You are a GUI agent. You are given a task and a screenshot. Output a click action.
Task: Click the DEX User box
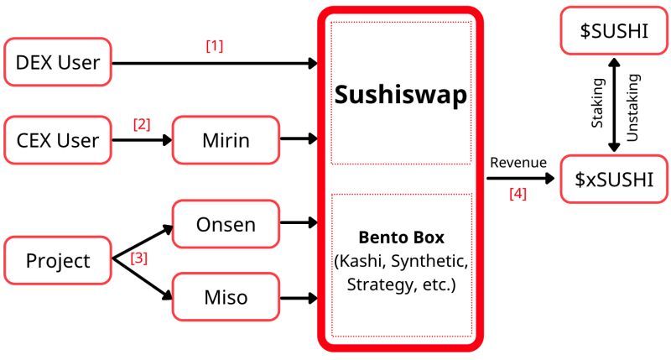pos(58,62)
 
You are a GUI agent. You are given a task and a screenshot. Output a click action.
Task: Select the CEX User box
pos(58,140)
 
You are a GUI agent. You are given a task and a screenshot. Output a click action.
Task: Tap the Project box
pos(58,260)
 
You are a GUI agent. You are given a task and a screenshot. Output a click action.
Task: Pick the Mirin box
pos(225,140)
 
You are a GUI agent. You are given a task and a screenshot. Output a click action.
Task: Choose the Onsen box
pos(225,224)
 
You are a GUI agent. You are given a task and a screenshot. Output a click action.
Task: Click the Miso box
pos(225,295)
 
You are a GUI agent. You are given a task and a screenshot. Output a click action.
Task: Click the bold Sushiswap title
pos(401,94)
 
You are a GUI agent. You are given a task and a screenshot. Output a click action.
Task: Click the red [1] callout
pos(215,46)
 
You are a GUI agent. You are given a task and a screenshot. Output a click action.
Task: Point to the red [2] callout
pos(142,124)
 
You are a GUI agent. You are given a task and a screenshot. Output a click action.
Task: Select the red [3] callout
pos(138,259)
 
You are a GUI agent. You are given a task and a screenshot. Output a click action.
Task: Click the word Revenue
pos(518,162)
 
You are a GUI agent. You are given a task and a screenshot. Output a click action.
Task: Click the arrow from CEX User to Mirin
pos(142,140)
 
